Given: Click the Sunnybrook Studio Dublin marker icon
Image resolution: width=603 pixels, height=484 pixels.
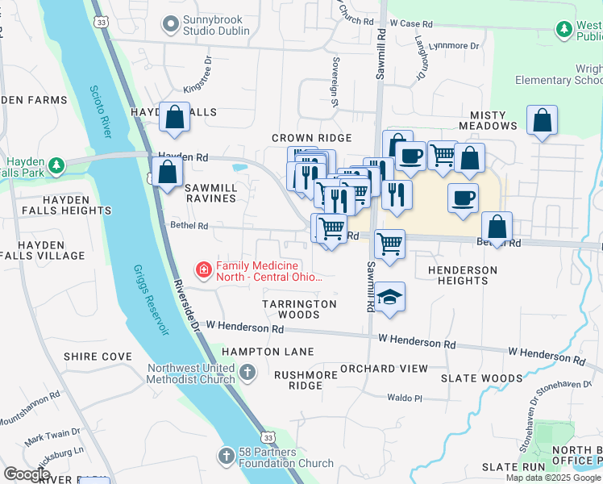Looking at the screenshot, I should click(169, 25).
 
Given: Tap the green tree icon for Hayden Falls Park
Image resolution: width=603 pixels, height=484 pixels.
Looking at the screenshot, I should click(56, 166).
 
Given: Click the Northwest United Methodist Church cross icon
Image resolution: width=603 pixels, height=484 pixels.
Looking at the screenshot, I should click(248, 373).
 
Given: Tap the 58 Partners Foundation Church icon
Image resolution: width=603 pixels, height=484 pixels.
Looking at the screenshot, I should click(227, 457).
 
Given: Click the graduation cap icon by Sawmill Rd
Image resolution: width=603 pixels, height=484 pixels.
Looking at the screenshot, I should click(389, 298).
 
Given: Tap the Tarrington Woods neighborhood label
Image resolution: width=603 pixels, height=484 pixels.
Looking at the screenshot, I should click(299, 309).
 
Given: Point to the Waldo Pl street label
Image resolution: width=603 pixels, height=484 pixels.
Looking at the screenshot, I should click(405, 398).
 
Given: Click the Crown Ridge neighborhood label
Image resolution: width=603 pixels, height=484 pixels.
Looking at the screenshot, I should click(311, 139).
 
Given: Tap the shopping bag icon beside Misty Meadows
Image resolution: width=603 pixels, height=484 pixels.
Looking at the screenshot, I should click(543, 121).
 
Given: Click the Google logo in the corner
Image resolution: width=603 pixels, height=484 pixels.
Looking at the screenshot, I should click(27, 474).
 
